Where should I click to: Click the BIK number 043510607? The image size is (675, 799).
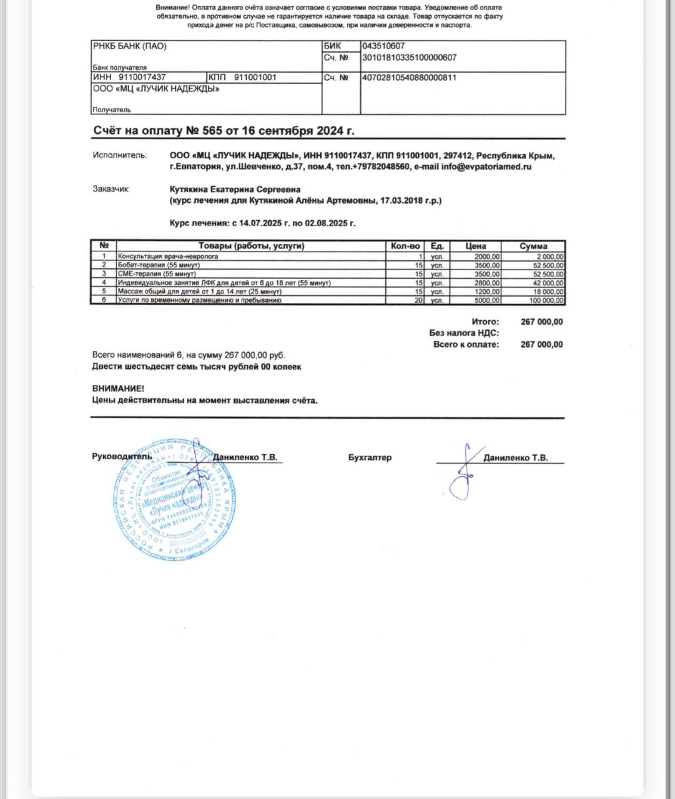383,46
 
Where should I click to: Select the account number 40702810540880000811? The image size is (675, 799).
409,78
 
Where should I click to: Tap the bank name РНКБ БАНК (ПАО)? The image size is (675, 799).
130,46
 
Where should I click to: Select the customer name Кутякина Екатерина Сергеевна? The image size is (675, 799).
235,189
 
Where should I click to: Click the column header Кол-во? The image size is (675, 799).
405,246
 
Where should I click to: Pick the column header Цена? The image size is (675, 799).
475,246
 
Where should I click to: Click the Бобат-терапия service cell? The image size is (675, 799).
159,265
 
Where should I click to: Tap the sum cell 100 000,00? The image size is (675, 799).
545,300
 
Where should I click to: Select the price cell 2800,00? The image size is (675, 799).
487,283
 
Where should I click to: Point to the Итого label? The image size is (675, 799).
485,322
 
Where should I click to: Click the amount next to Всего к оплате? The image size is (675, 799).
541,345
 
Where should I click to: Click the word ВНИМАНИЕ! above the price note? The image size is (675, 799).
118,388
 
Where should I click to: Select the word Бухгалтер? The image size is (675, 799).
370,458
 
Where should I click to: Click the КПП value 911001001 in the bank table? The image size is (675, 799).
255,77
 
